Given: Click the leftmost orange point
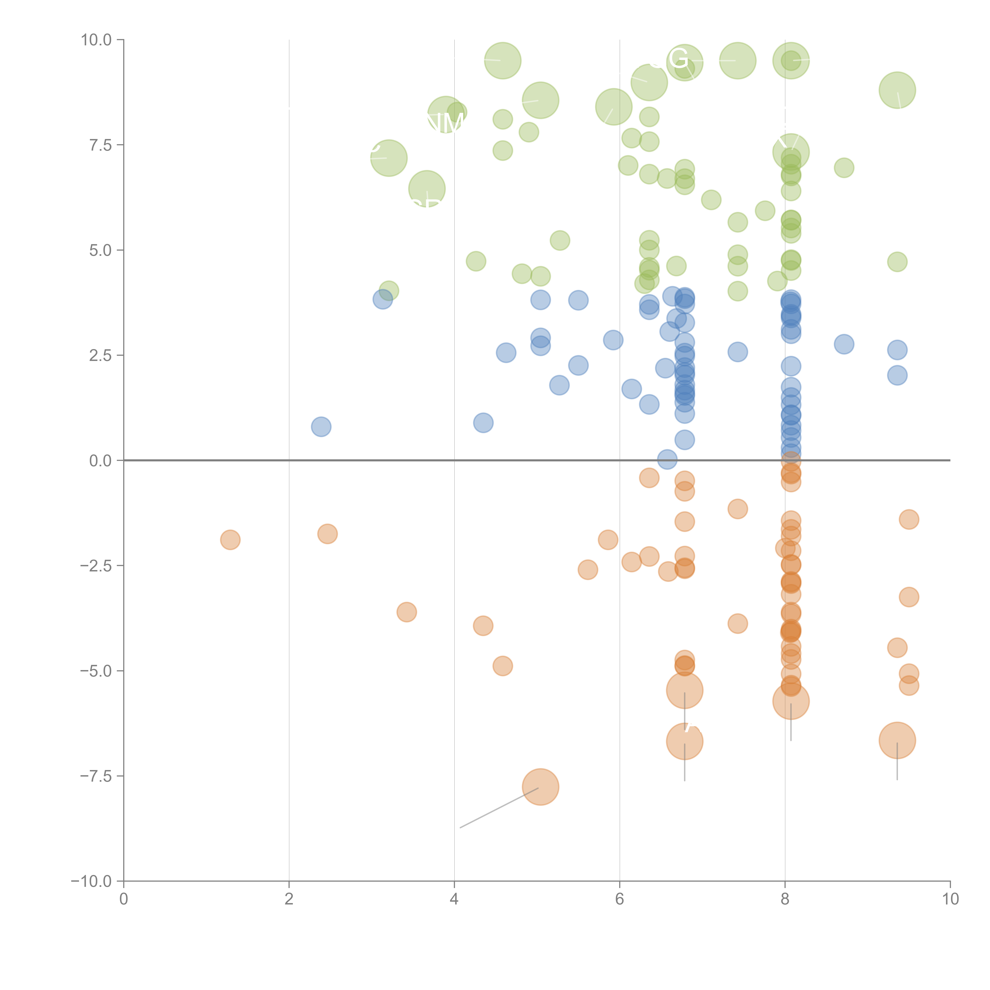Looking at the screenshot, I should point(230,540).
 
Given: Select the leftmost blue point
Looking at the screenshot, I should point(321,426).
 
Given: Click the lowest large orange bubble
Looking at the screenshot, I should point(540,787).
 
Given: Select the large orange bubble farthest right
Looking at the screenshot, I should point(897,740).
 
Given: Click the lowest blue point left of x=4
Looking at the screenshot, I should point(321,426).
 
